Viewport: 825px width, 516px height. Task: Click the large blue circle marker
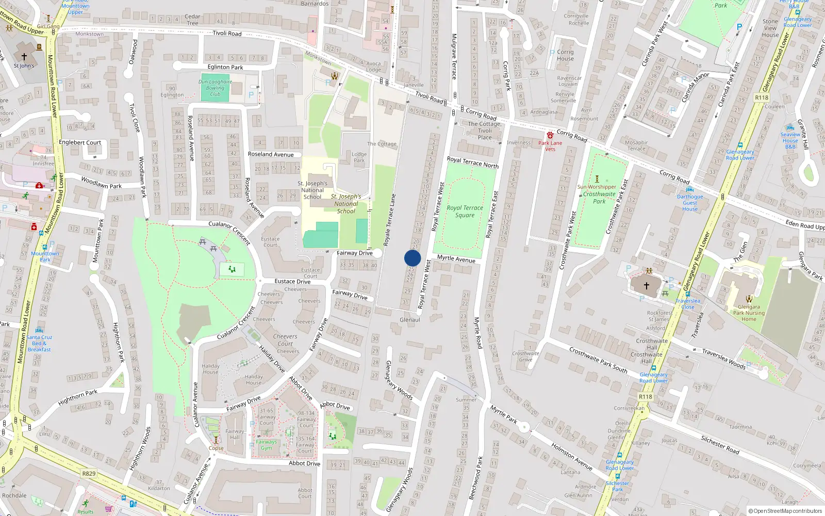coord(412,258)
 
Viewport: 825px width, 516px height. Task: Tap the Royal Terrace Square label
coord(465,212)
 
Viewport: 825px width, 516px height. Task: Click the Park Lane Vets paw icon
coord(550,135)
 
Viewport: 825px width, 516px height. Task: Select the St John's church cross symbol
coord(24,57)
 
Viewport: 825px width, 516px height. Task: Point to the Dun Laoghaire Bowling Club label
coord(215,88)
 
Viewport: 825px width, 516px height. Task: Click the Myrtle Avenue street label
coord(456,259)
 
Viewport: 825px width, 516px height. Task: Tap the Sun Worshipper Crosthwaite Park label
coord(598,194)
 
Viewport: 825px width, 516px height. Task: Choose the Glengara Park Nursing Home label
coord(749,313)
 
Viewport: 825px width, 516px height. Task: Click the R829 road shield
coord(89,473)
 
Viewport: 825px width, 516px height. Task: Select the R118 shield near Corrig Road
coord(761,98)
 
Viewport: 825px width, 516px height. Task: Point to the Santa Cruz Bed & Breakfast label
coord(39,343)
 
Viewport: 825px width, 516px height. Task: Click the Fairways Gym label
coord(266,445)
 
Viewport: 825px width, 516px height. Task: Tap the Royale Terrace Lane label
coord(390,219)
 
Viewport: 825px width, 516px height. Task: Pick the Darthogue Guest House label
coord(690,203)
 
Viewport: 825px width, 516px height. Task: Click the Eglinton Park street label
coord(225,67)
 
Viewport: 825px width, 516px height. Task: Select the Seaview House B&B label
coord(790,140)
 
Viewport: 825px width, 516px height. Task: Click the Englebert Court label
coord(80,142)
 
